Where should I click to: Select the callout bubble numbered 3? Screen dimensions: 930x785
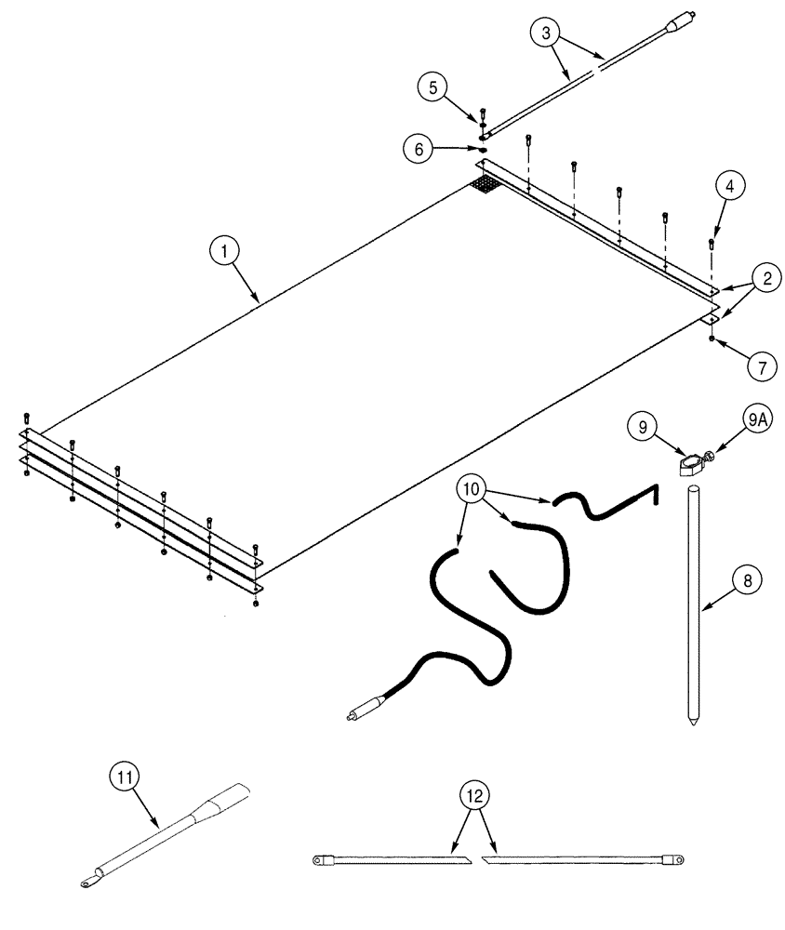(547, 33)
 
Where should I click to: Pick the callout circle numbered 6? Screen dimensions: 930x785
(419, 147)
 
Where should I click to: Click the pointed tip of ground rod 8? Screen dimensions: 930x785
(694, 722)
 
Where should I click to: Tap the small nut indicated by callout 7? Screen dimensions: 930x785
(712, 340)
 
